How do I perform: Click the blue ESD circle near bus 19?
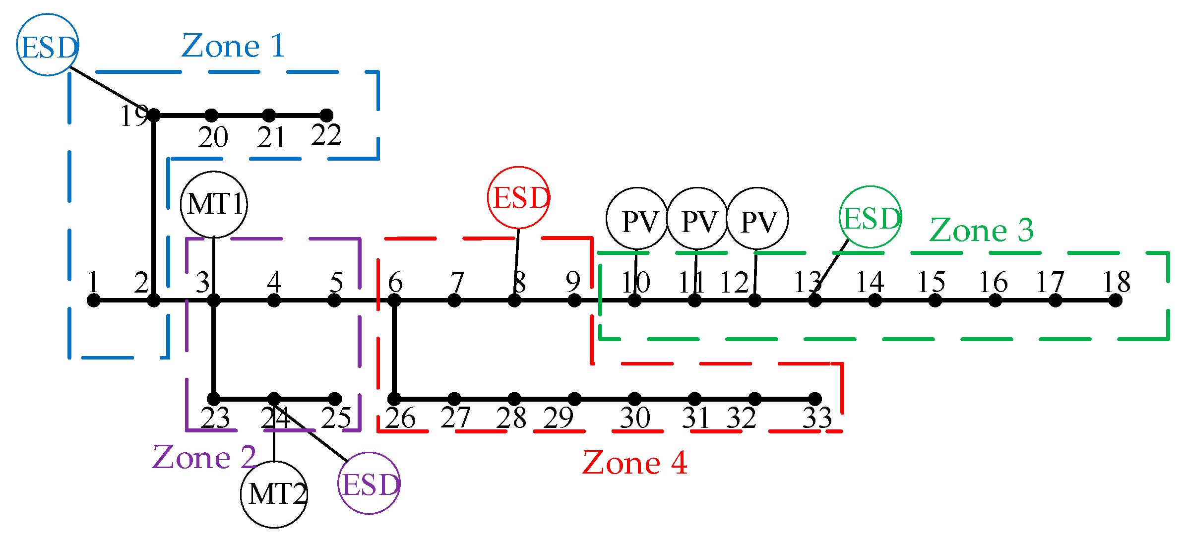click(x=48, y=45)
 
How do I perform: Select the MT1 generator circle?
click(x=214, y=204)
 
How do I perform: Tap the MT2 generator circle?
click(x=274, y=494)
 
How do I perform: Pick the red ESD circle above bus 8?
click(x=519, y=197)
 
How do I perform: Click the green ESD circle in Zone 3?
click(x=871, y=217)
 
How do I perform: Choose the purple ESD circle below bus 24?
click(x=369, y=483)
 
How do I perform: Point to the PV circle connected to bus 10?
click(x=637, y=219)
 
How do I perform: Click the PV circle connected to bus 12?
click(x=757, y=219)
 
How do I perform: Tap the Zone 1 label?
click(x=233, y=46)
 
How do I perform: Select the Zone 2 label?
click(x=204, y=457)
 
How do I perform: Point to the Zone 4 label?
click(x=634, y=463)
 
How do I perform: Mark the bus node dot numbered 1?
click(x=93, y=300)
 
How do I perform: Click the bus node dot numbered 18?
click(x=1116, y=300)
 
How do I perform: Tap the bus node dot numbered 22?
click(x=326, y=116)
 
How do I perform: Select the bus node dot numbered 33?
click(x=815, y=399)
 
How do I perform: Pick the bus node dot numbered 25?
click(x=335, y=399)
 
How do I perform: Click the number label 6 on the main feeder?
click(x=395, y=283)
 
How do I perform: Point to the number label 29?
click(x=558, y=418)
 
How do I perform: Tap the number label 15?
click(x=931, y=283)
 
